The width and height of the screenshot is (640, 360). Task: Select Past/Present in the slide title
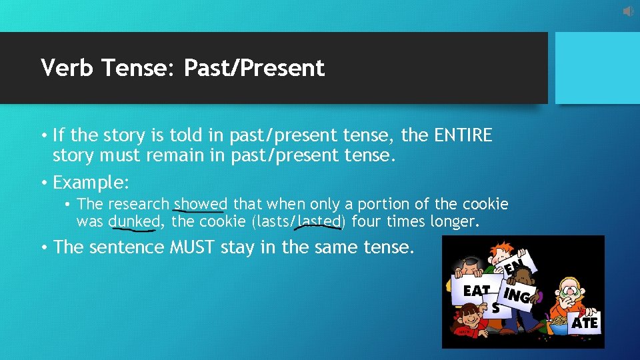[x=254, y=68]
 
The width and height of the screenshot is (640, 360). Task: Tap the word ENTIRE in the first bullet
[x=463, y=136]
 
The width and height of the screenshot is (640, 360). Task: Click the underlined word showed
[x=201, y=204]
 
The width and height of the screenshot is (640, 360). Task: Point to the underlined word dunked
[x=134, y=221]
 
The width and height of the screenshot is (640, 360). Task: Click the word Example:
[x=91, y=183]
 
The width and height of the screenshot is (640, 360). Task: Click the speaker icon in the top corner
[x=629, y=11]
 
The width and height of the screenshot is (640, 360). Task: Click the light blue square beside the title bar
[x=593, y=68]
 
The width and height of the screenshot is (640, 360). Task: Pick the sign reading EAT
[x=476, y=291]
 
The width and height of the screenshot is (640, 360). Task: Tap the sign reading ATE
[x=585, y=323]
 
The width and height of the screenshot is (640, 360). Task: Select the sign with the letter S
[x=495, y=308]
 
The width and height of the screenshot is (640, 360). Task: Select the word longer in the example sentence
[x=454, y=221]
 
